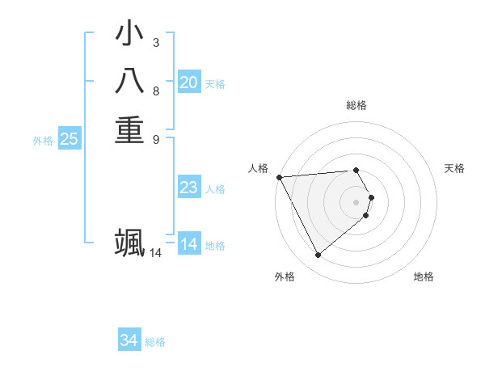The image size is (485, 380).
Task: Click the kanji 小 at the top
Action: [x=129, y=35]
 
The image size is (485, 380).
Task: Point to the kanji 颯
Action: [x=129, y=243]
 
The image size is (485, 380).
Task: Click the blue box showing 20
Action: [x=189, y=82]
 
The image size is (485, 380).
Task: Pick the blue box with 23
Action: [x=189, y=188]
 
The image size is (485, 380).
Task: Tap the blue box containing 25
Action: [x=70, y=139]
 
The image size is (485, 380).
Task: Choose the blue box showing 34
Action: [x=129, y=340]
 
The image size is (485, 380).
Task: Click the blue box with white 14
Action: [x=189, y=244]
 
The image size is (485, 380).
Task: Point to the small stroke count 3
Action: [x=155, y=41]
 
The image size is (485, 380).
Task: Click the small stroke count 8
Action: [x=155, y=91]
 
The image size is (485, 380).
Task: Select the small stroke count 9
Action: [x=155, y=138]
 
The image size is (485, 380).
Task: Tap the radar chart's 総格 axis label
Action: [x=356, y=105]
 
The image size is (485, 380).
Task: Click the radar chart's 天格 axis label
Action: [x=454, y=168]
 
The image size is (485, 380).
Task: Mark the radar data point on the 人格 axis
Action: [x=279, y=177]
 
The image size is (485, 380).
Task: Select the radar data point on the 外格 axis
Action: [x=318, y=255]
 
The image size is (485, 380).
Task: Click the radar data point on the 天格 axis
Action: [x=371, y=197]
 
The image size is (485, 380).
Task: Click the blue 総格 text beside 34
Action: [x=155, y=342]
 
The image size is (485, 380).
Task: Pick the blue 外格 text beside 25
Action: [x=43, y=141]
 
